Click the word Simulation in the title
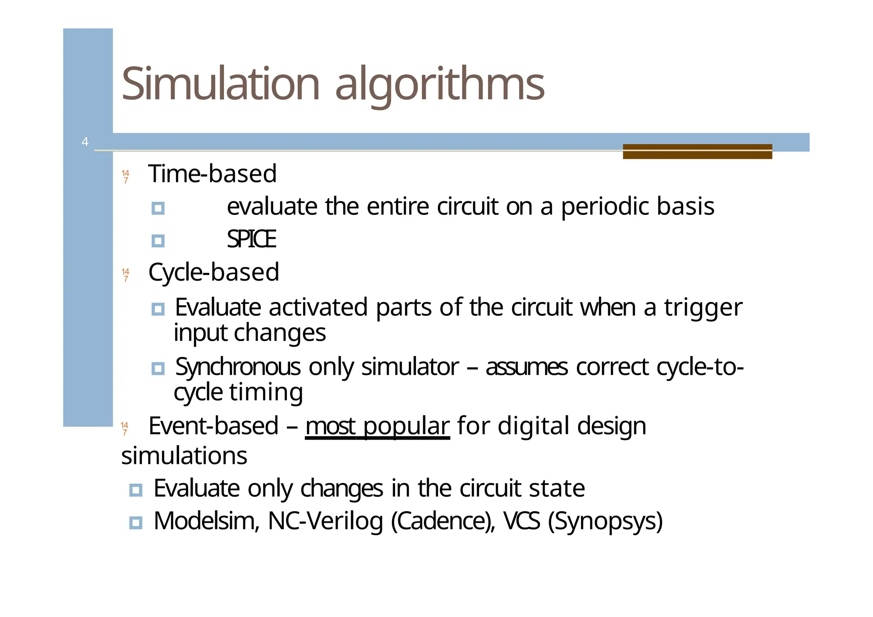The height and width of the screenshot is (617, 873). [x=220, y=84]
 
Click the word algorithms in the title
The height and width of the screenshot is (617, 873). [x=439, y=84]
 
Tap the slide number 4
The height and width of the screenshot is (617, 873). [x=85, y=142]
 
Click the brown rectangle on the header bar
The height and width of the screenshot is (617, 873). [x=697, y=151]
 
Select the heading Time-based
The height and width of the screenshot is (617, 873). [x=212, y=174]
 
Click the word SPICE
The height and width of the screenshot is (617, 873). [x=251, y=239]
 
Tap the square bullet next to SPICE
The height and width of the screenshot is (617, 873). [x=158, y=241]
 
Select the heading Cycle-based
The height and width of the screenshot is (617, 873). [x=214, y=272]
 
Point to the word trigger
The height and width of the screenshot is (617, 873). [x=703, y=307]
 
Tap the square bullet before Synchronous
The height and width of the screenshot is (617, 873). [x=158, y=368]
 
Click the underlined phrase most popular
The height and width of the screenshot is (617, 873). [x=377, y=426]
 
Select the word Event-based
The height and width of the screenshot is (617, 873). [x=213, y=426]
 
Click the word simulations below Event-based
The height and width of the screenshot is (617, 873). [x=184, y=455]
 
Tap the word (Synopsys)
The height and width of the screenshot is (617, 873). [x=605, y=521]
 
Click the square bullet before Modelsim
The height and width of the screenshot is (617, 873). [x=136, y=522]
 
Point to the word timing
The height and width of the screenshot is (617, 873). [x=266, y=392]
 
